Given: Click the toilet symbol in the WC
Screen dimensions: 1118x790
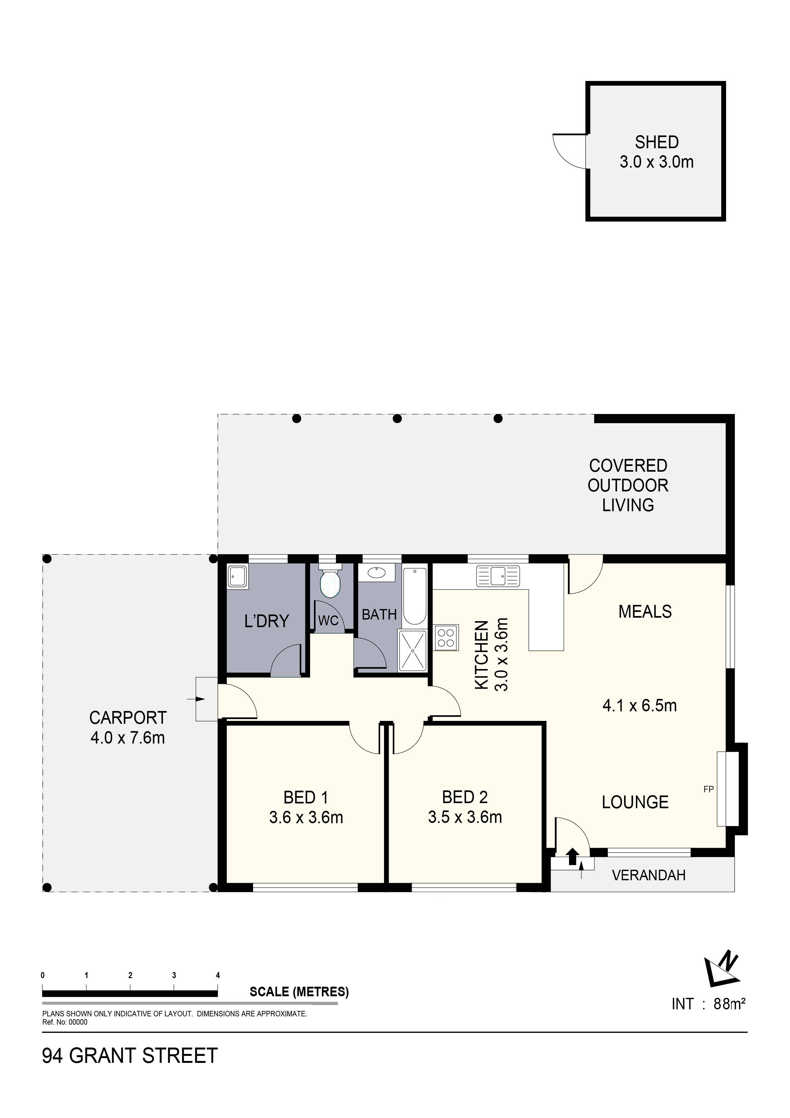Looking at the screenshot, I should (x=330, y=583).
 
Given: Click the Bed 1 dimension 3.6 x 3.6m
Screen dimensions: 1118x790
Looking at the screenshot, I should (x=306, y=817).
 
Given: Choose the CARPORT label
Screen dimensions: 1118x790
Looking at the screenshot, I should (x=128, y=718).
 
